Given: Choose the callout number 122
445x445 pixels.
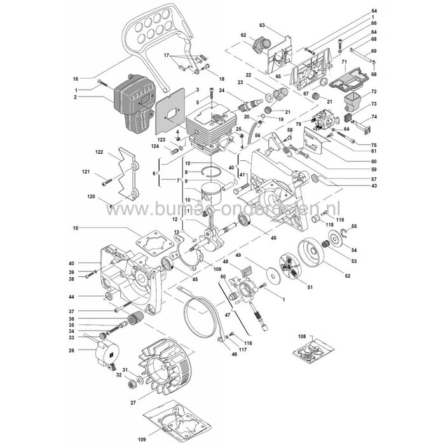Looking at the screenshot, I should [99, 153].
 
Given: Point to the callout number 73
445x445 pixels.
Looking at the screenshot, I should [374, 103].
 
